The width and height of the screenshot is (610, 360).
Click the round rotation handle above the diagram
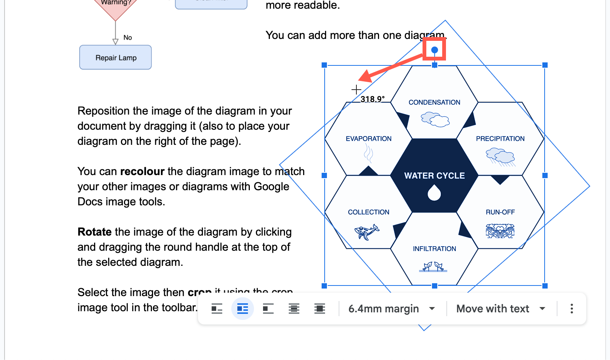pyautogui.click(x=434, y=50)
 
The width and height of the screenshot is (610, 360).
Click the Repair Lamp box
pyautogui.click(x=116, y=57)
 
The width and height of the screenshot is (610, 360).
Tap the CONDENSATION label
pyautogui.click(x=434, y=102)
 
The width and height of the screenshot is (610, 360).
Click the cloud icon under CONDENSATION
pyautogui.click(x=435, y=119)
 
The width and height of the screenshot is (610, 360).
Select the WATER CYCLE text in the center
pyautogui.click(x=434, y=176)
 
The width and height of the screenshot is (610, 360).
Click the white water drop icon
pyautogui.click(x=434, y=192)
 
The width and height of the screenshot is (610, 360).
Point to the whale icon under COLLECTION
pyautogui.click(x=366, y=231)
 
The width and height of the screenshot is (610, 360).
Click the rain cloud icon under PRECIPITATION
pyautogui.click(x=500, y=157)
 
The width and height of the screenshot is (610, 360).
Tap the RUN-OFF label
pyautogui.click(x=500, y=212)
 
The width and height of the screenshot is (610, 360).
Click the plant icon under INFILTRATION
pyautogui.click(x=433, y=267)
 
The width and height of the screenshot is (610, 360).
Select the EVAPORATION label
pyautogui.click(x=368, y=139)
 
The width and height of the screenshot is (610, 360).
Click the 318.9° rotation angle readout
pyautogui.click(x=372, y=99)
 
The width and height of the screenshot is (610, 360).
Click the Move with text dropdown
pyautogui.click(x=501, y=309)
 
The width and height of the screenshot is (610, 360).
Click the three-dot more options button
pyautogui.click(x=571, y=309)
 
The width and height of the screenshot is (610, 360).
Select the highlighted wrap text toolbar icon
pyautogui.click(x=242, y=309)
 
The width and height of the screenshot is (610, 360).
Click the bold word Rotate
pyautogui.click(x=94, y=232)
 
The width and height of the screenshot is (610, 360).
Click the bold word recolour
pyautogui.click(x=142, y=171)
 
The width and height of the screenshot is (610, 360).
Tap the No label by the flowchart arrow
pyautogui.click(x=128, y=37)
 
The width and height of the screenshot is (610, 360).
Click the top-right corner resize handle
pyautogui.click(x=545, y=65)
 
